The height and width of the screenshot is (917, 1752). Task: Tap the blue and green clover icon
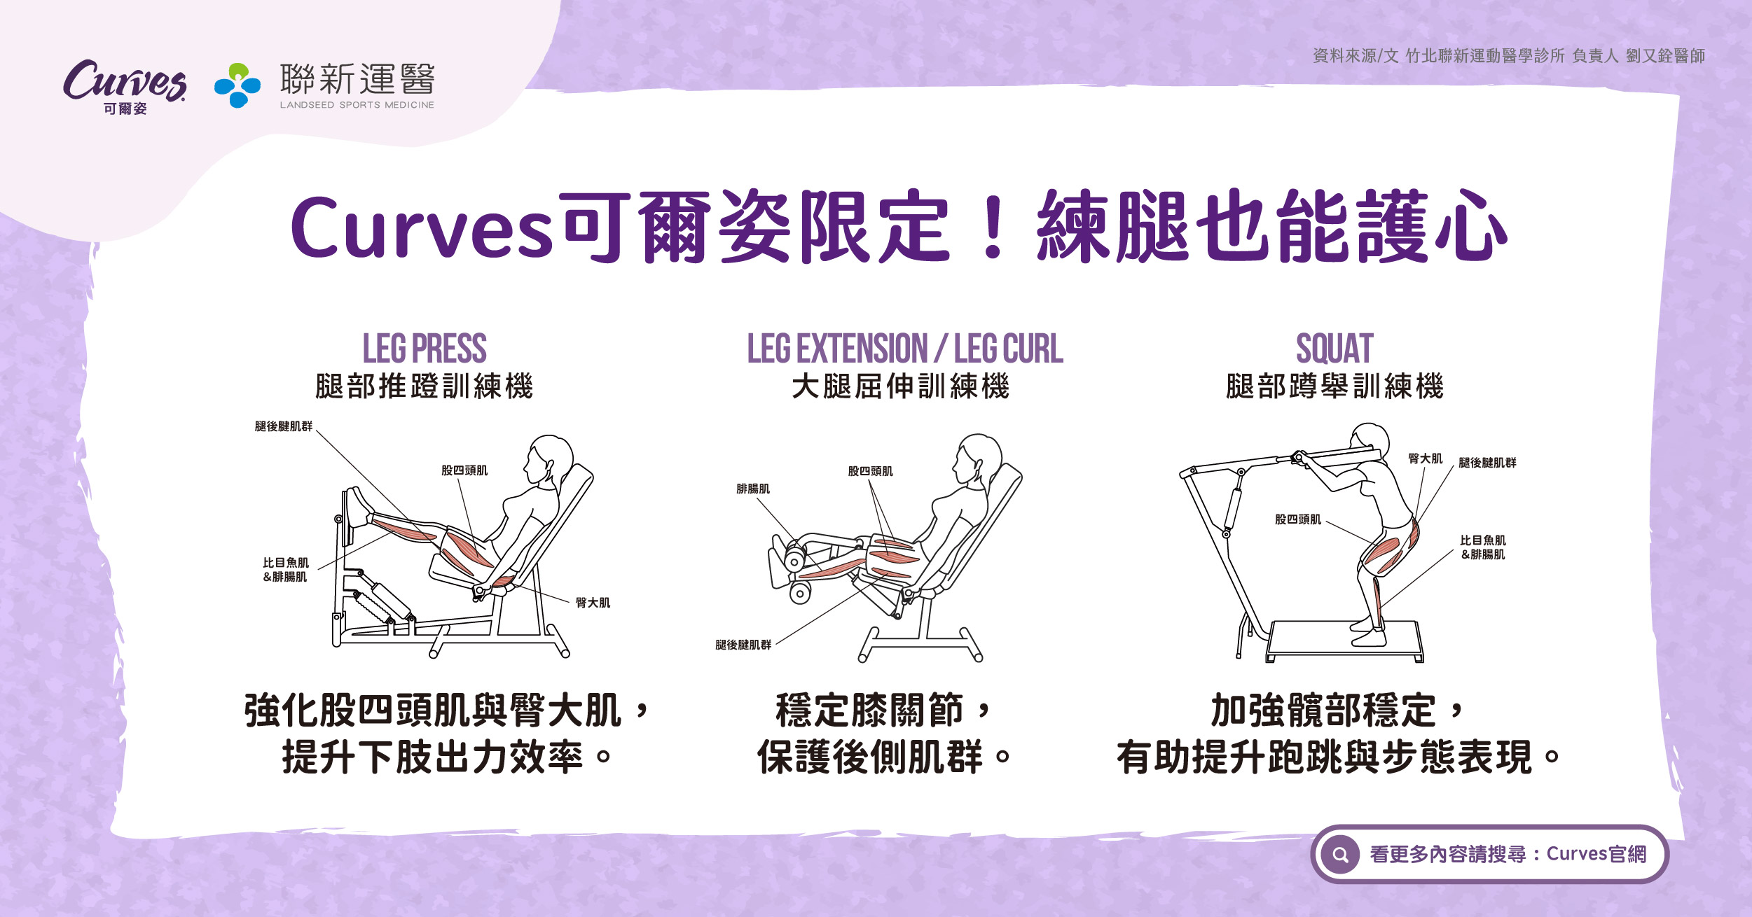click(x=237, y=85)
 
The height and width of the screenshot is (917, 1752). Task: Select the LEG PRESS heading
click(x=425, y=349)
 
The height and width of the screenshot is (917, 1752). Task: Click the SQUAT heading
click(x=1334, y=349)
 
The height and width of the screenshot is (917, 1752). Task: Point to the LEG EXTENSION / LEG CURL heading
click(x=905, y=349)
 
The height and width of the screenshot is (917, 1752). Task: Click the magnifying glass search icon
click(x=1341, y=854)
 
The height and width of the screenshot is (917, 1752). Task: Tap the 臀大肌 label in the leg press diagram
click(x=593, y=603)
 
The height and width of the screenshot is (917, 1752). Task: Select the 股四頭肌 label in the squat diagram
click(x=1298, y=519)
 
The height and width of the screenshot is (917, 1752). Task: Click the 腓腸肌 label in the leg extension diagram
click(x=753, y=489)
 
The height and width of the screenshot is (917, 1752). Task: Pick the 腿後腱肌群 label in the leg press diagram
click(x=284, y=426)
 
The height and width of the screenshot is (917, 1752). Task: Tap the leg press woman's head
click(x=550, y=458)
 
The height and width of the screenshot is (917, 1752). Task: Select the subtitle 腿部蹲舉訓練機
click(x=1334, y=386)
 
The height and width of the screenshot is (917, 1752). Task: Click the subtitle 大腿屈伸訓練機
click(x=900, y=386)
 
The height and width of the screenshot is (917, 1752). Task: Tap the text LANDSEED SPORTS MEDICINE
click(x=357, y=105)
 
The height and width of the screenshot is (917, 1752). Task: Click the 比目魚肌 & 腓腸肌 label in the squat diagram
click(x=1483, y=547)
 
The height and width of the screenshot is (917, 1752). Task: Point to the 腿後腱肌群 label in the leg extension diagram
click(x=743, y=645)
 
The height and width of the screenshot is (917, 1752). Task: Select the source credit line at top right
click(x=1509, y=56)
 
